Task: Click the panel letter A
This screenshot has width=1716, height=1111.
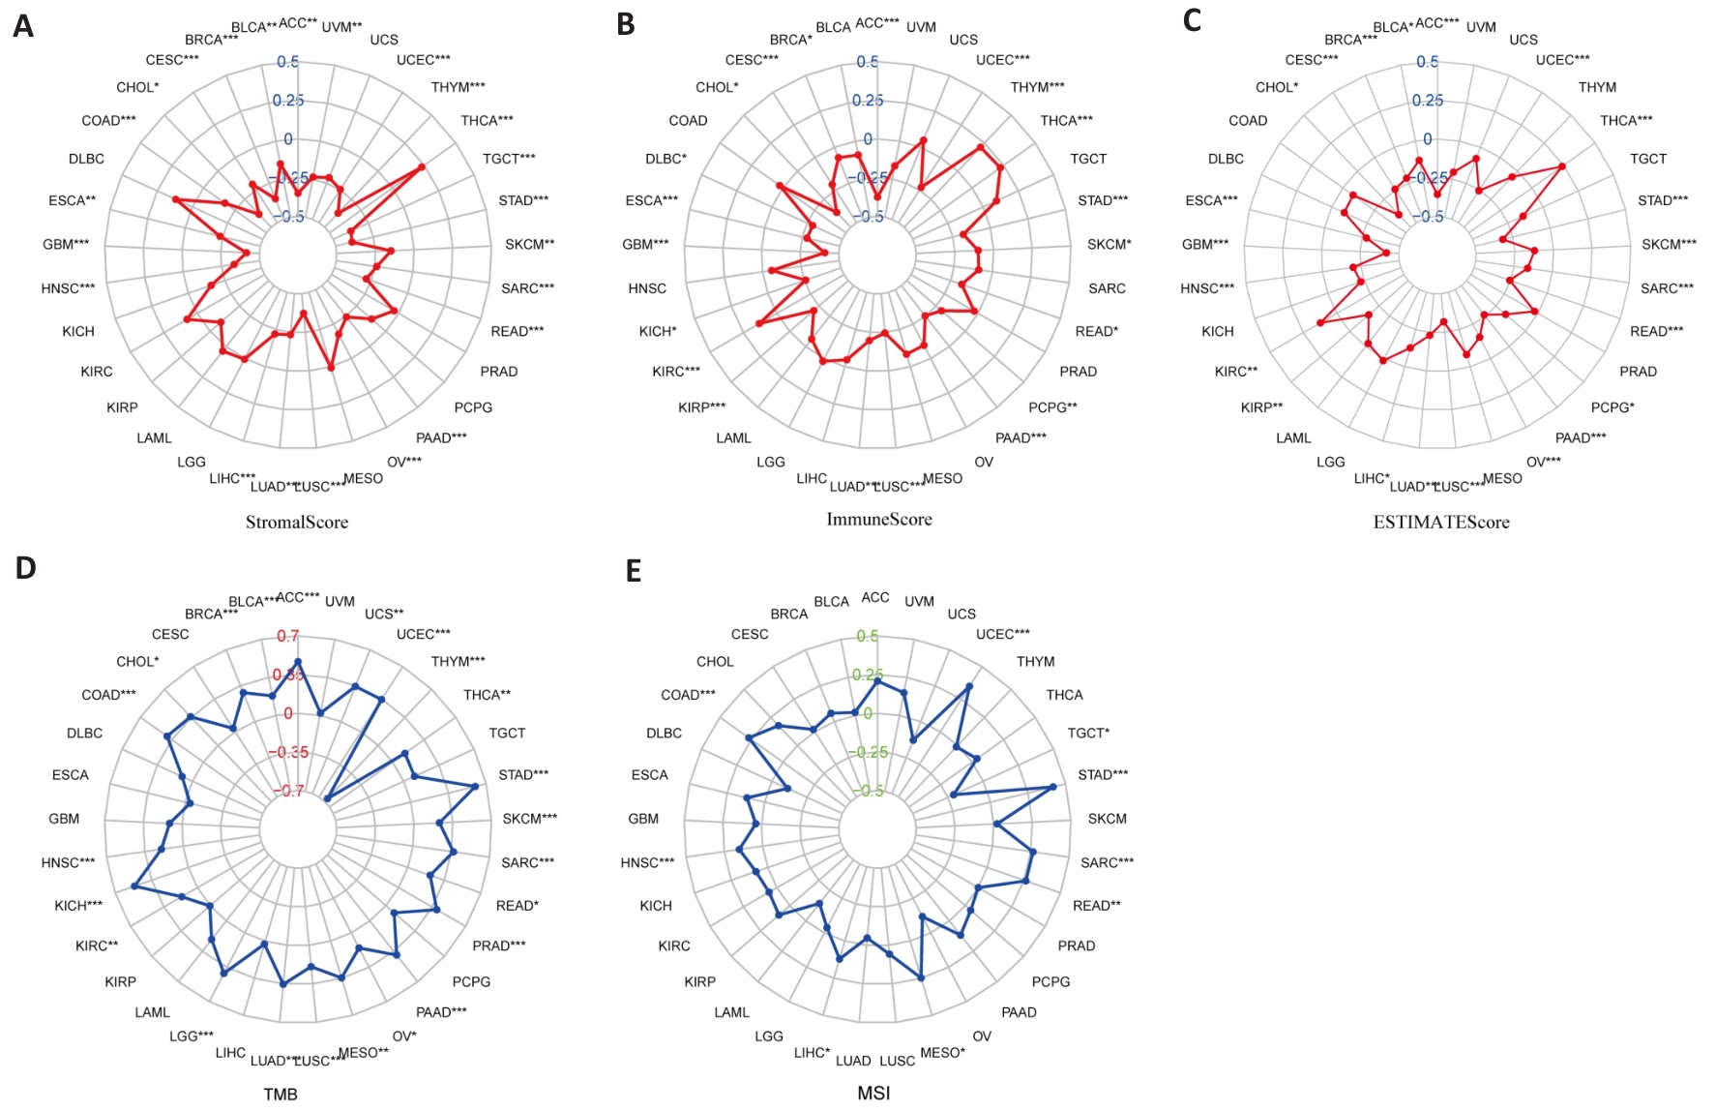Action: click(23, 26)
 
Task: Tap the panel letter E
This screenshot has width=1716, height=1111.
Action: click(634, 571)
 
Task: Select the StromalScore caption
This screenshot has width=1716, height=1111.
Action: click(297, 523)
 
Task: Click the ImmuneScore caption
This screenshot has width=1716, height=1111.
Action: click(879, 520)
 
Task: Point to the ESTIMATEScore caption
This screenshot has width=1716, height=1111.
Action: click(1441, 523)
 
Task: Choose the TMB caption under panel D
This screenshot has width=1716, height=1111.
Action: click(281, 1094)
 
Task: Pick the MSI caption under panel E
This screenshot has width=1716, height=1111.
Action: click(873, 1093)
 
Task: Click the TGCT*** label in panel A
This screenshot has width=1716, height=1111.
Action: click(509, 159)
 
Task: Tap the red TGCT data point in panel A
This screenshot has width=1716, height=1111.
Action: click(421, 167)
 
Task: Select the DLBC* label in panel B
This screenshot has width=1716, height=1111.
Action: click(666, 159)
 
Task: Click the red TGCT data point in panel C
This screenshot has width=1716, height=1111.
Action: click(1562, 166)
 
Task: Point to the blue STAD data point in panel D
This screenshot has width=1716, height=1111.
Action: click(475, 787)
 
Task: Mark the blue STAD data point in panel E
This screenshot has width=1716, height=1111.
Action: click(1053, 787)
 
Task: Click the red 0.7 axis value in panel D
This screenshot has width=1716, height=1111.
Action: click(288, 636)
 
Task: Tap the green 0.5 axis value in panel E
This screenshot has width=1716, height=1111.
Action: click(868, 636)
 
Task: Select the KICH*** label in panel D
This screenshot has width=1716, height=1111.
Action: click(78, 906)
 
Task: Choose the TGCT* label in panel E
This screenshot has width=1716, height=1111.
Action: click(1088, 733)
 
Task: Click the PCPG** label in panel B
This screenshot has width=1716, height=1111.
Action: click(1052, 407)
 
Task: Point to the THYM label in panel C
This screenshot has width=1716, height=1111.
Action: click(1597, 87)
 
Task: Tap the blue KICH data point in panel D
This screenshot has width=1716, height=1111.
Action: click(135, 886)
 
